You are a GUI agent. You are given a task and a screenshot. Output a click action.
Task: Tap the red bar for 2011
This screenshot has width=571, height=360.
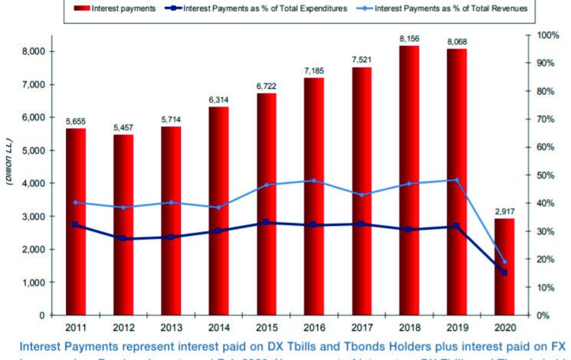[75, 221]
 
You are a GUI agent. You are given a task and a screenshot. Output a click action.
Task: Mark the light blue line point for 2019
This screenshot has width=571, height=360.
[456, 180]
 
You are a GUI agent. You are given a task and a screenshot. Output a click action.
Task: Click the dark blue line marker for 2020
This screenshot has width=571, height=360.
[504, 272]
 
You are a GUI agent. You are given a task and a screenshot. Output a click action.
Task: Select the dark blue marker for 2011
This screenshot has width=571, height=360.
[74, 224]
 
